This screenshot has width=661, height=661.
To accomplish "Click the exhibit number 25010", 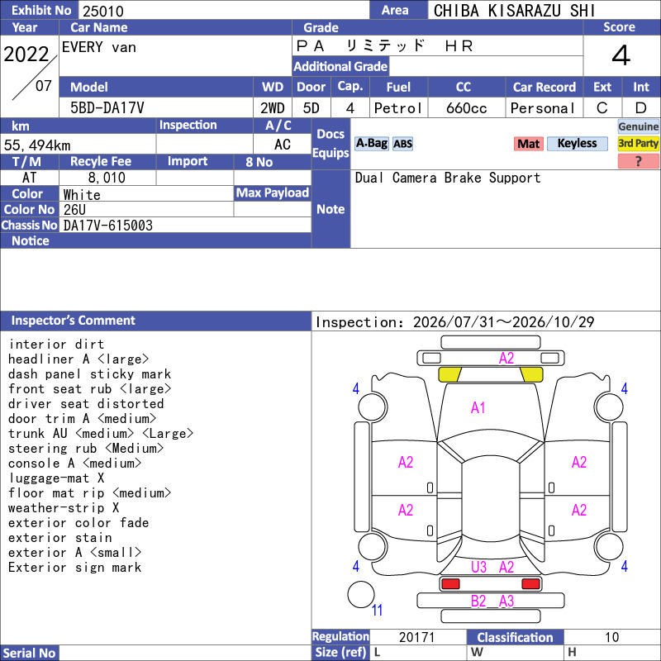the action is point(102,11).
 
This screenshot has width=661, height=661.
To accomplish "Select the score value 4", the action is point(621,55).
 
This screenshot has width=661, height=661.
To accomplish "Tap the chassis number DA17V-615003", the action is point(108,226).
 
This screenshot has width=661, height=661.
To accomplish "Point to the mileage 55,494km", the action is point(37,145).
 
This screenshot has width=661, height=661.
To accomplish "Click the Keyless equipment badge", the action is point(577,144).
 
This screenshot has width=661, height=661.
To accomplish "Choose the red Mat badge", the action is point(528,144).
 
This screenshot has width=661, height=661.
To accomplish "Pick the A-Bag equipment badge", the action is point(371,143).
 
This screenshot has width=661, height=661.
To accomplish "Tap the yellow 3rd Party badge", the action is point(638,144).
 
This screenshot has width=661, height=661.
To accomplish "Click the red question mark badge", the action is point(638,161).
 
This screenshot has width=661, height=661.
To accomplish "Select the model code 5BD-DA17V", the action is point(107,108).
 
